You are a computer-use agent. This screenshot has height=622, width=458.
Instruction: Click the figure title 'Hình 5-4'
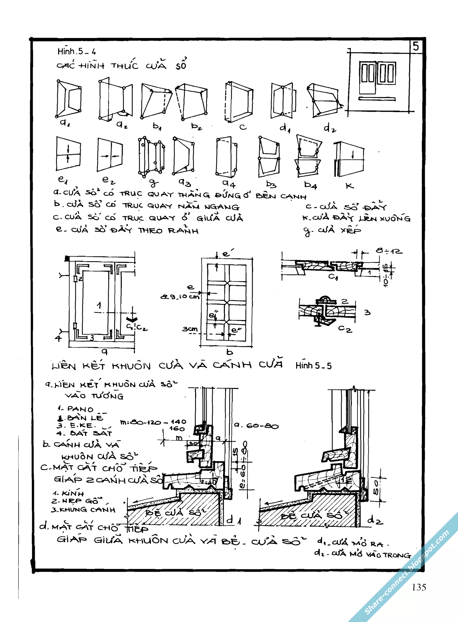(x=76, y=51)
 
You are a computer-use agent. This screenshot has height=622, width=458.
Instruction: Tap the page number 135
(x=419, y=587)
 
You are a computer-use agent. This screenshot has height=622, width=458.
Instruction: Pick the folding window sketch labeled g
(x=151, y=157)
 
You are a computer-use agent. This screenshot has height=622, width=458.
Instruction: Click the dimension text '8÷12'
(x=389, y=251)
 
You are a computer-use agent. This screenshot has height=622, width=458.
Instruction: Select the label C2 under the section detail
(x=345, y=329)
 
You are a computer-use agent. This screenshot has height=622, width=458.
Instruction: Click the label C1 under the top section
(x=333, y=277)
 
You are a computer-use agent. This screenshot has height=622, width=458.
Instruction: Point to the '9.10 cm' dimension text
(x=180, y=297)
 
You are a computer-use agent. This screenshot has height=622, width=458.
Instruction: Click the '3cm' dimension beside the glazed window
(x=190, y=329)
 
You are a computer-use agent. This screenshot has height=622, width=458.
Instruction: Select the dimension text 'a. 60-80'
(x=256, y=425)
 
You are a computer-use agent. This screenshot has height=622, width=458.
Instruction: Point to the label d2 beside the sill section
(x=375, y=520)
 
